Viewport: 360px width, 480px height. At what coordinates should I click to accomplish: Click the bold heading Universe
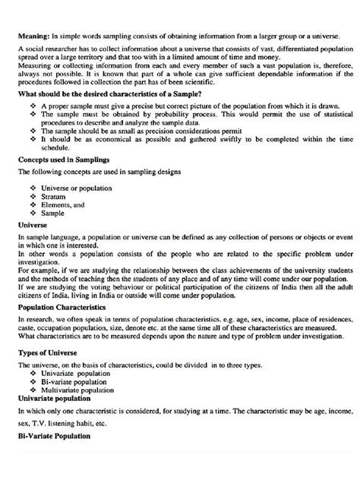point(34,226)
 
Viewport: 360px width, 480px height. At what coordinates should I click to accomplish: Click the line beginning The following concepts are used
point(99,173)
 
